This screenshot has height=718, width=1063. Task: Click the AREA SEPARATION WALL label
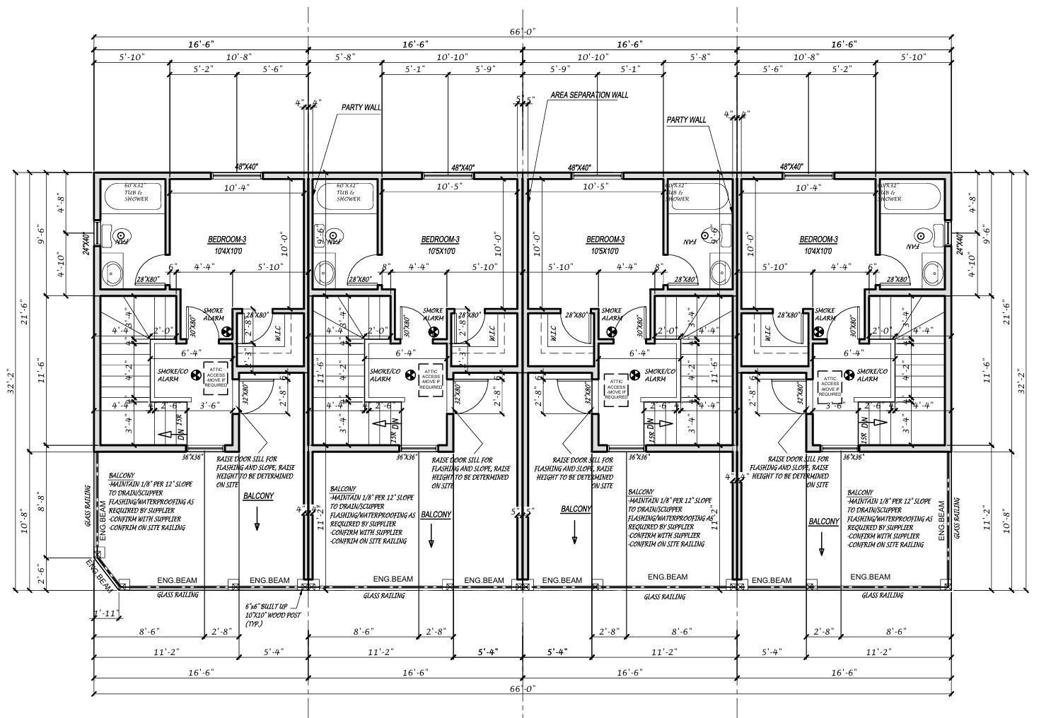coord(588,95)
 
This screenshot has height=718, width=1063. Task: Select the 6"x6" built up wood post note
coord(262,616)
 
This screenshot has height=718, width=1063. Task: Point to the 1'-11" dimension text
coord(106,613)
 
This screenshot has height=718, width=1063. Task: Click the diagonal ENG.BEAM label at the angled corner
coord(100,575)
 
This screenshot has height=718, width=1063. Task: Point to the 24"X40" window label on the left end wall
coord(86,244)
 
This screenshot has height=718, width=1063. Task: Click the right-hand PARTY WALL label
coord(686,120)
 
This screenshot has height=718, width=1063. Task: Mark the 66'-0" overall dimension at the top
coord(522,32)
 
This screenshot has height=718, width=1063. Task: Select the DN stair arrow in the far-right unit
coord(878,423)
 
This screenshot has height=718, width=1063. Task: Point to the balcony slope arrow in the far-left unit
coord(257,524)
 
